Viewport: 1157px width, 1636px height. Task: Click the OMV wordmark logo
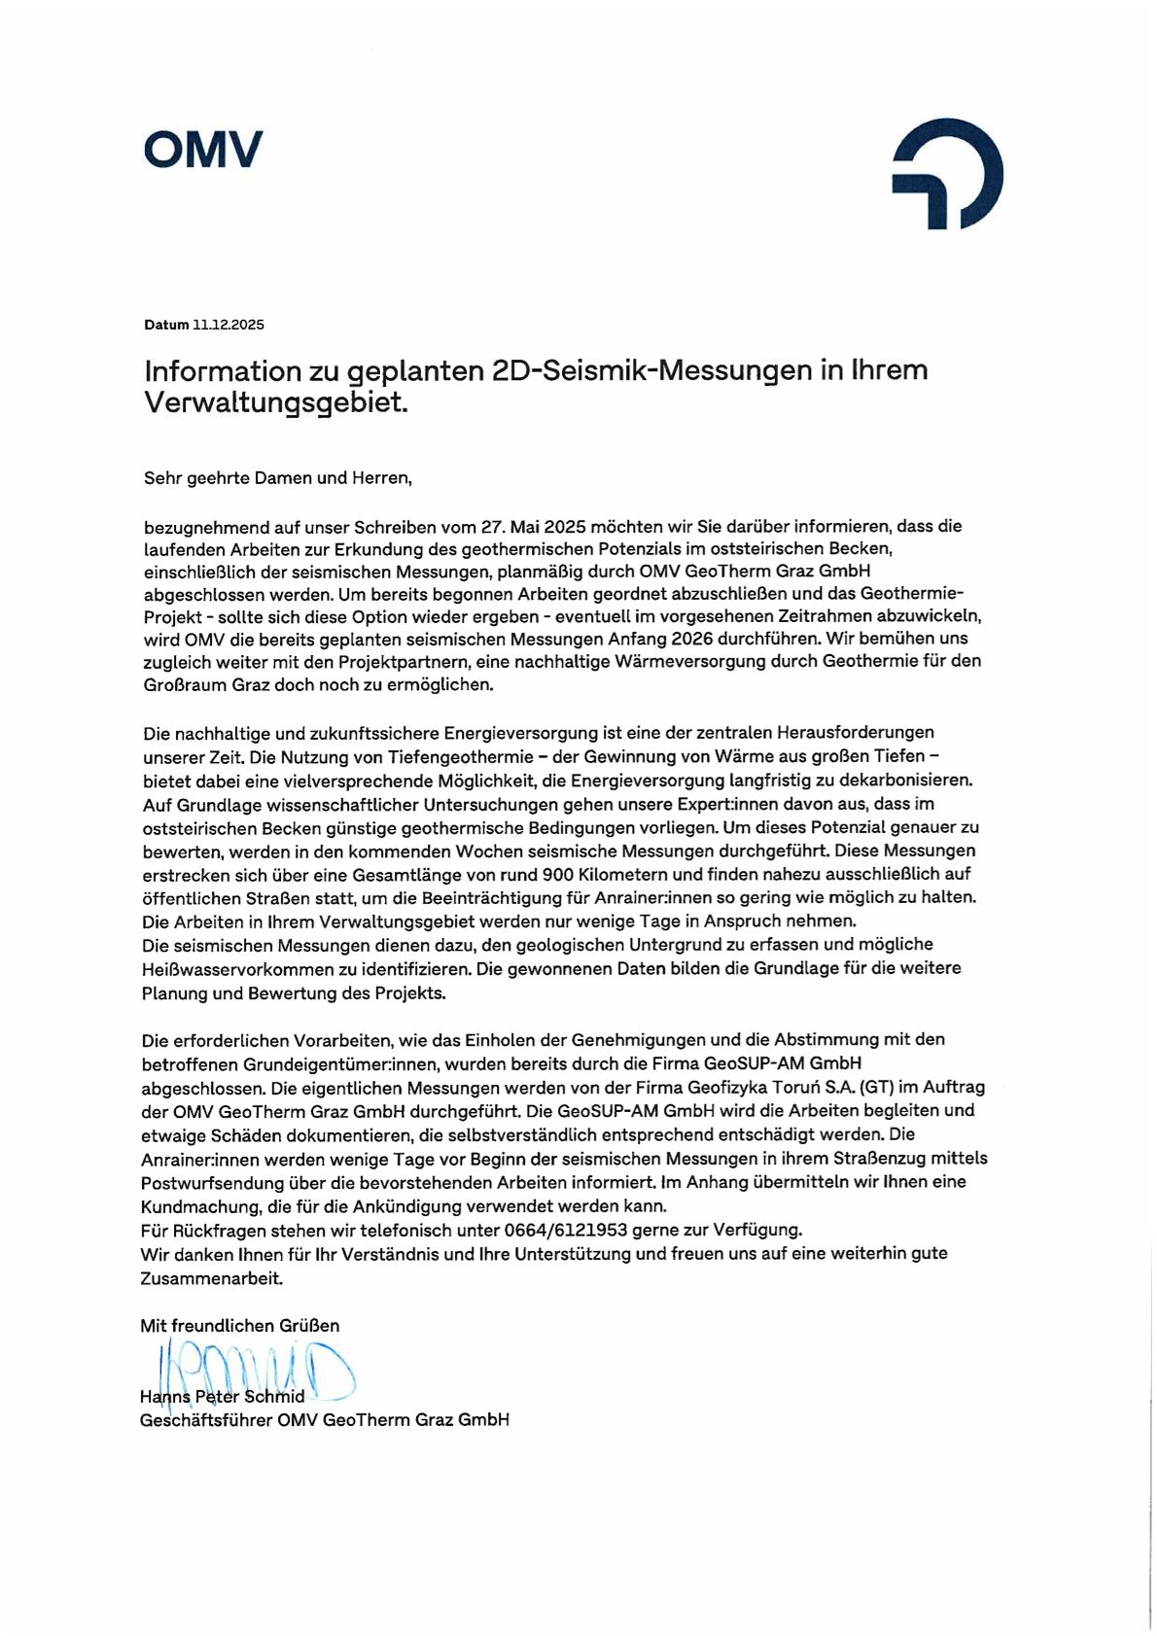(203, 150)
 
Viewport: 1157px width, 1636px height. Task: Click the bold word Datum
(166, 325)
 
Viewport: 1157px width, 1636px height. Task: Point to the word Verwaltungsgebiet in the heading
(275, 402)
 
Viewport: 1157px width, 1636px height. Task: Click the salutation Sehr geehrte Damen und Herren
(278, 478)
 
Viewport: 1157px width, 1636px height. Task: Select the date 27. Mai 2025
(529, 526)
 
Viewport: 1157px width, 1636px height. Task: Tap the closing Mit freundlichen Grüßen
(240, 1325)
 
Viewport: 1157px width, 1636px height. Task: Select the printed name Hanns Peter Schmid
(223, 1397)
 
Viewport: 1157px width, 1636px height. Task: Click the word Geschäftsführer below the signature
(206, 1420)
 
